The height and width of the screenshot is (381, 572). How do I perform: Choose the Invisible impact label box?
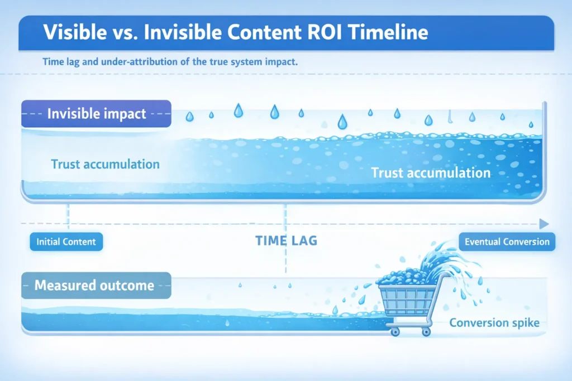coord(96,114)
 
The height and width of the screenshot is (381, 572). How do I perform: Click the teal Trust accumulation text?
coord(105,164)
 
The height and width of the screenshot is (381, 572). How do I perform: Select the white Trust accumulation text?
coord(431,172)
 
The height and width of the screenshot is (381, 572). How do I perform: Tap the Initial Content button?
coord(66,242)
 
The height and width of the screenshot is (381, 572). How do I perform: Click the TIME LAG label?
coord(286,241)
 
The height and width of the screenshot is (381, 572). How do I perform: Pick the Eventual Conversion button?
coord(507,242)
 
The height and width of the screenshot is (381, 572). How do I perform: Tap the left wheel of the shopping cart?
coord(395,331)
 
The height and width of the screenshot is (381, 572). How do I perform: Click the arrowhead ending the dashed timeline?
coord(544,224)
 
